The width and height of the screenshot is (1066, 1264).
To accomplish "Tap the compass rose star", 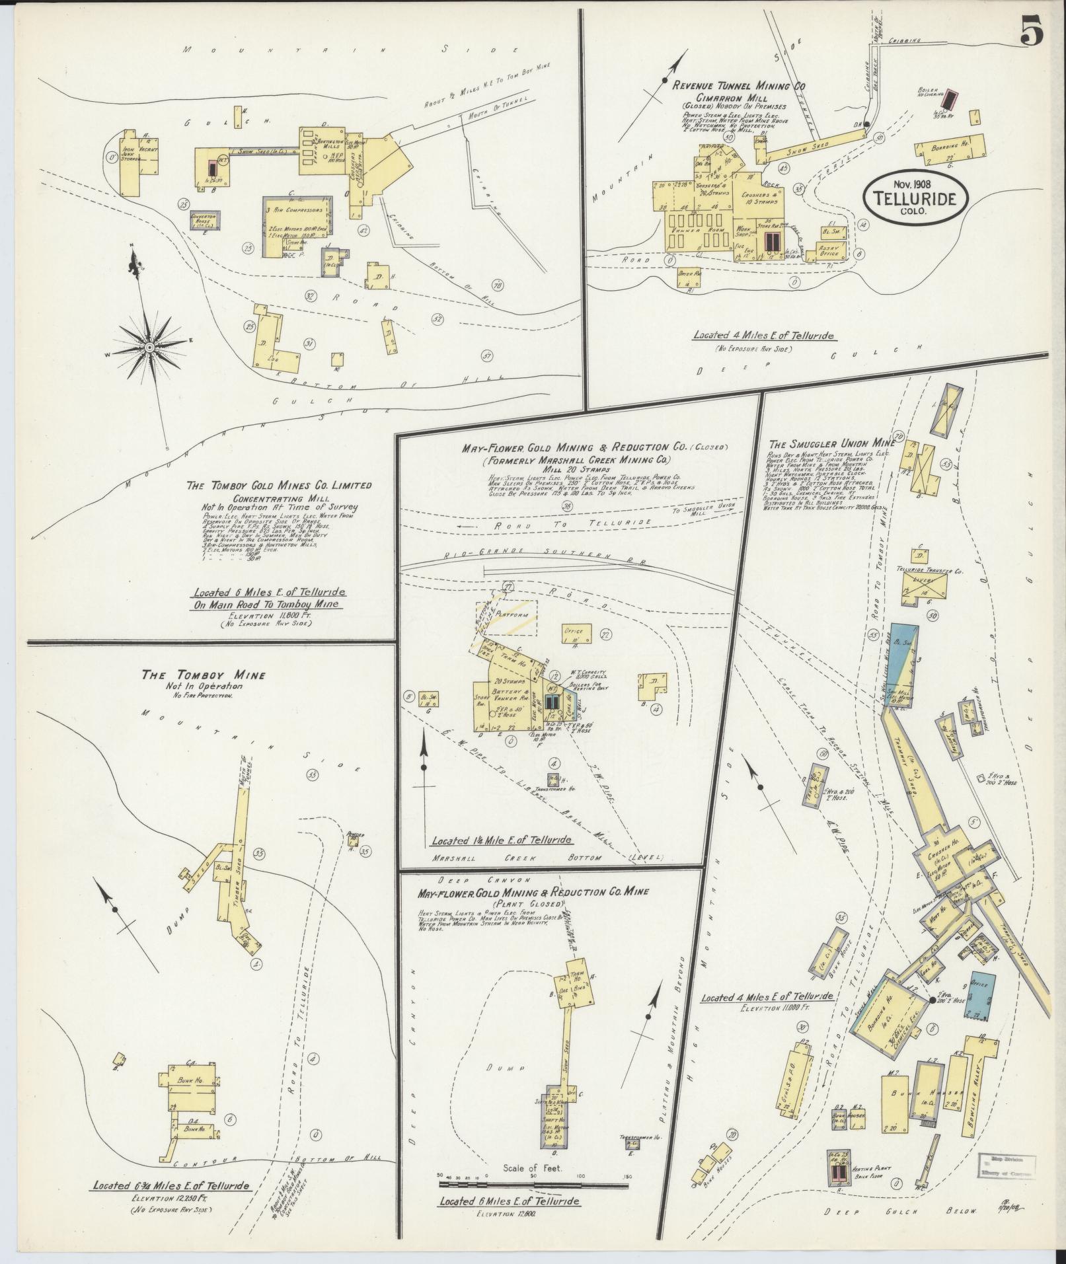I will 149,346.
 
